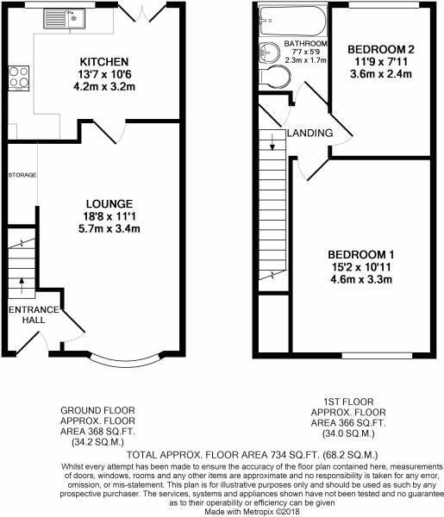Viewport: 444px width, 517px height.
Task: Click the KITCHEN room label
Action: point(104,62)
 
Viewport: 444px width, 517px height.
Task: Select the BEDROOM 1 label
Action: point(361,254)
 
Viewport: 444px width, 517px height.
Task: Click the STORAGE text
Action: point(22,175)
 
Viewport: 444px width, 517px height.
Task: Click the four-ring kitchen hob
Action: point(16,79)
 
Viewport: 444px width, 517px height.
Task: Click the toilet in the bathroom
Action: point(278,78)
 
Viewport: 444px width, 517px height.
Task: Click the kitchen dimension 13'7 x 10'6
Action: point(104,74)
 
